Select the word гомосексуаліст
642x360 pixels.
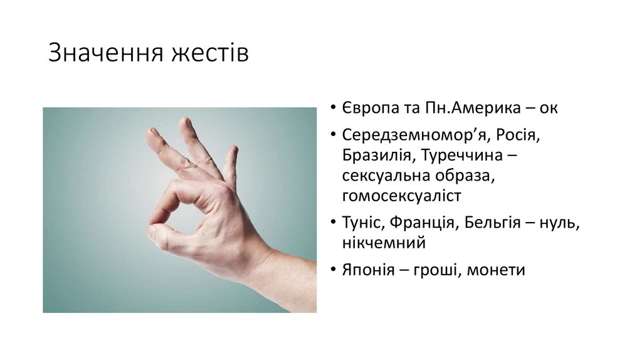click(x=402, y=196)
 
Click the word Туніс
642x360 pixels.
click(x=361, y=223)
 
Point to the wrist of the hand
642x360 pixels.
click(x=266, y=263)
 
